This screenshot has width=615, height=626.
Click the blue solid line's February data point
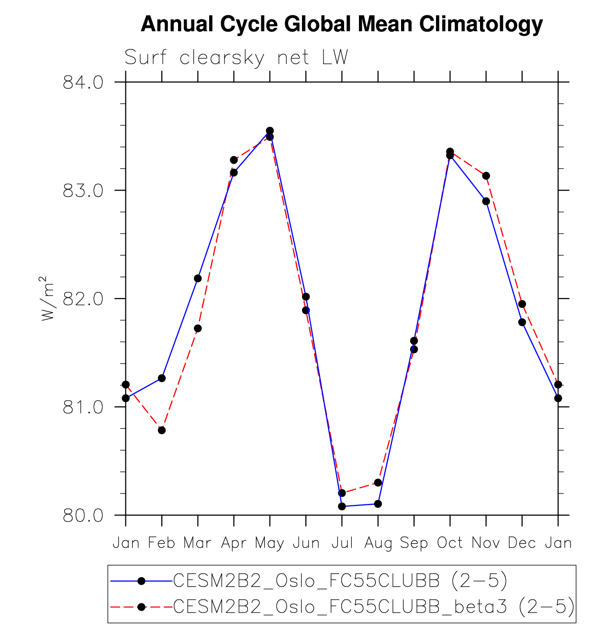(x=162, y=378)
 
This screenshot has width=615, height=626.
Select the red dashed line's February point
(x=162, y=430)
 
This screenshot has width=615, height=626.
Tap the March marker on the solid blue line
(x=198, y=279)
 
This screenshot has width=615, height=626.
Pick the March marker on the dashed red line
(x=198, y=328)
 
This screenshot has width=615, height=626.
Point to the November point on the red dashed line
(x=486, y=176)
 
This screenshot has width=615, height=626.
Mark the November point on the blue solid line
(x=486, y=201)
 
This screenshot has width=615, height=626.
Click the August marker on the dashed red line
(x=378, y=482)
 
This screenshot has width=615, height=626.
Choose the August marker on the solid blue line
(x=378, y=503)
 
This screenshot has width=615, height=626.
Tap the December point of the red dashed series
(x=522, y=304)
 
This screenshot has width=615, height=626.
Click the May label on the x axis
(x=270, y=543)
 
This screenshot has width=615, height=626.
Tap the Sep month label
(x=414, y=543)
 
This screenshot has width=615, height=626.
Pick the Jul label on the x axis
(x=342, y=543)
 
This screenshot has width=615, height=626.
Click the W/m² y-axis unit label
(x=47, y=298)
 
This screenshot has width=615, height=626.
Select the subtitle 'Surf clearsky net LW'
(x=236, y=58)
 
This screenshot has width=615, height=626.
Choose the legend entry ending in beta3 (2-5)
(x=373, y=607)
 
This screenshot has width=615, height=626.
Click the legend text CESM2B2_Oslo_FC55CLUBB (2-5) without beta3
(x=340, y=581)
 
